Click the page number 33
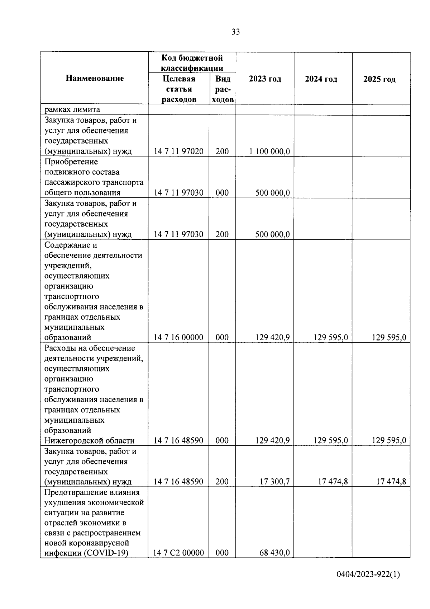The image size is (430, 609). [x=235, y=32]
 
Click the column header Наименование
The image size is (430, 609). [x=95, y=78]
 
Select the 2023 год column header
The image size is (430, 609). [x=265, y=79]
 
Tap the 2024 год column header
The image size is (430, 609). [x=321, y=79]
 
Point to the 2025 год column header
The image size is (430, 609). [x=379, y=79]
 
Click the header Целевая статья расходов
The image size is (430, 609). [x=179, y=89]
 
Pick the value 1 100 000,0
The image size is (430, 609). [x=269, y=151]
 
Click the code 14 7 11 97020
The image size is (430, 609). [x=178, y=151]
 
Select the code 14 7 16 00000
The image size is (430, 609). [x=178, y=337]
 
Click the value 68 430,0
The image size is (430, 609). [x=274, y=563]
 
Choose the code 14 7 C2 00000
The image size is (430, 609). [x=178, y=563]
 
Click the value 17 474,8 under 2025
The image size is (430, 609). [x=391, y=482]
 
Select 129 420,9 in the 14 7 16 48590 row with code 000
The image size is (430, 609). [x=272, y=440]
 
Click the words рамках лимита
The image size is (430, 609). [x=72, y=110]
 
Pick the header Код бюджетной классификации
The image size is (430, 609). [x=192, y=63]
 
